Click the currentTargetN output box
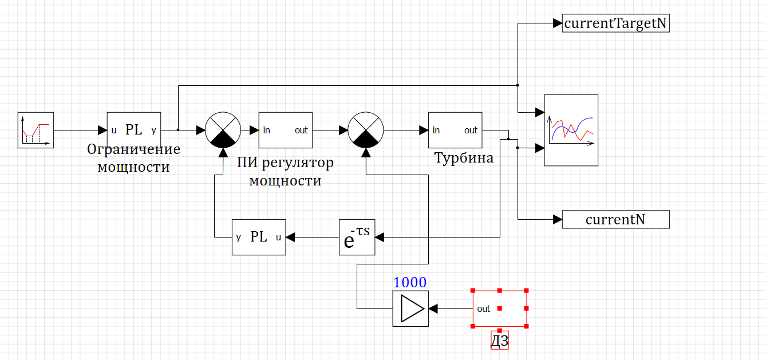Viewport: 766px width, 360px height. [x=615, y=23]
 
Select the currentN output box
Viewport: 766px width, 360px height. [x=615, y=219]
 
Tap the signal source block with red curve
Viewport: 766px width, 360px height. [x=35, y=130]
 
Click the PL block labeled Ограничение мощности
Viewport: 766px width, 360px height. [x=134, y=130]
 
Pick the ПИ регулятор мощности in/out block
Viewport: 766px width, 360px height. [x=286, y=130]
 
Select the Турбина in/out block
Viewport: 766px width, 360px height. [x=455, y=130]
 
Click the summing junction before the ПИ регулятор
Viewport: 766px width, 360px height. [x=223, y=130]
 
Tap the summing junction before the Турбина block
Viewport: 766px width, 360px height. [x=366, y=130]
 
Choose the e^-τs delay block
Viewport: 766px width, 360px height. [x=357, y=237]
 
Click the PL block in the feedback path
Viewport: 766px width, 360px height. [x=259, y=237]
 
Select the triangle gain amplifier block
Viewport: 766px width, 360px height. [x=410, y=308]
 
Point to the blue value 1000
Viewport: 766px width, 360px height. [x=410, y=282]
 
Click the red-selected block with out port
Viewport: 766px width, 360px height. [x=499, y=308]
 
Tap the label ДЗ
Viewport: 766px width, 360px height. [x=500, y=341]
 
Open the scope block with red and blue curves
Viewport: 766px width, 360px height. [x=571, y=130]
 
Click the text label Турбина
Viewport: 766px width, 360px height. [x=464, y=158]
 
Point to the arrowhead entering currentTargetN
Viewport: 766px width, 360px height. [x=558, y=23]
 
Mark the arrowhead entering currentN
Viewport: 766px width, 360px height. [x=558, y=219]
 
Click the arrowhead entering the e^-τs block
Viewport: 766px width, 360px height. [x=380, y=236]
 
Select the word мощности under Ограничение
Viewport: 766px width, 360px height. [x=133, y=167]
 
